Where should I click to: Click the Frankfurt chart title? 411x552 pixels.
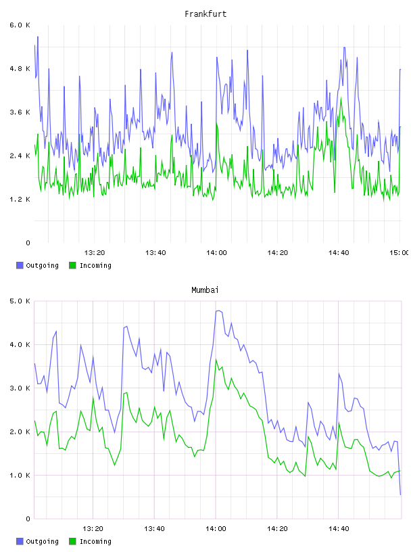coord(205,14)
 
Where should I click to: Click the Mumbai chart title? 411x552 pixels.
coord(205,290)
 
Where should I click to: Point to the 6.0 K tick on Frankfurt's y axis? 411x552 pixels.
coord(20,25)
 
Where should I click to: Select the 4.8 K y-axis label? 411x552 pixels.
coord(20,68)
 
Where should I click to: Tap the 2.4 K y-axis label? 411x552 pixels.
coord(20,156)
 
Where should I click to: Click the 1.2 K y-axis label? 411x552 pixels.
coord(20,200)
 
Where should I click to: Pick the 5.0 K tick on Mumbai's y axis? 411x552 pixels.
coord(20,301)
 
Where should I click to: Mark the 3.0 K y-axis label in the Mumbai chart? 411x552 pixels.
coord(20,388)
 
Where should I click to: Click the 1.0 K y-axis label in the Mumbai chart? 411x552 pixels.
coord(20,476)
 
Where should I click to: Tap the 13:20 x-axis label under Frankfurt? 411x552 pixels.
coord(95,252)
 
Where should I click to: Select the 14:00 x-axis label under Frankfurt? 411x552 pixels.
coord(216,252)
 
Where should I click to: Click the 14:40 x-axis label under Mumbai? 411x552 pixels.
coord(339,528)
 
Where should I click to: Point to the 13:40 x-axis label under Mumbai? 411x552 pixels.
coord(154,528)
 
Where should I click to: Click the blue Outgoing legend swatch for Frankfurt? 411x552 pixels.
coord(20,265)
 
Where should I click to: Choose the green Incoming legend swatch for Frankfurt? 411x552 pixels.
coord(72,265)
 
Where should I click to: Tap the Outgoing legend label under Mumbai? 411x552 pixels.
coord(42,541)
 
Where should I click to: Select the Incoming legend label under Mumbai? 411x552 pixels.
coord(95,541)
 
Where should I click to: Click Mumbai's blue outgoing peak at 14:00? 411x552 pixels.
coord(218,310)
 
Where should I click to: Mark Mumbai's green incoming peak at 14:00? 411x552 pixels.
coord(216,359)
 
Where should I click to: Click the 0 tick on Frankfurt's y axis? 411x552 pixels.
coord(28,243)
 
